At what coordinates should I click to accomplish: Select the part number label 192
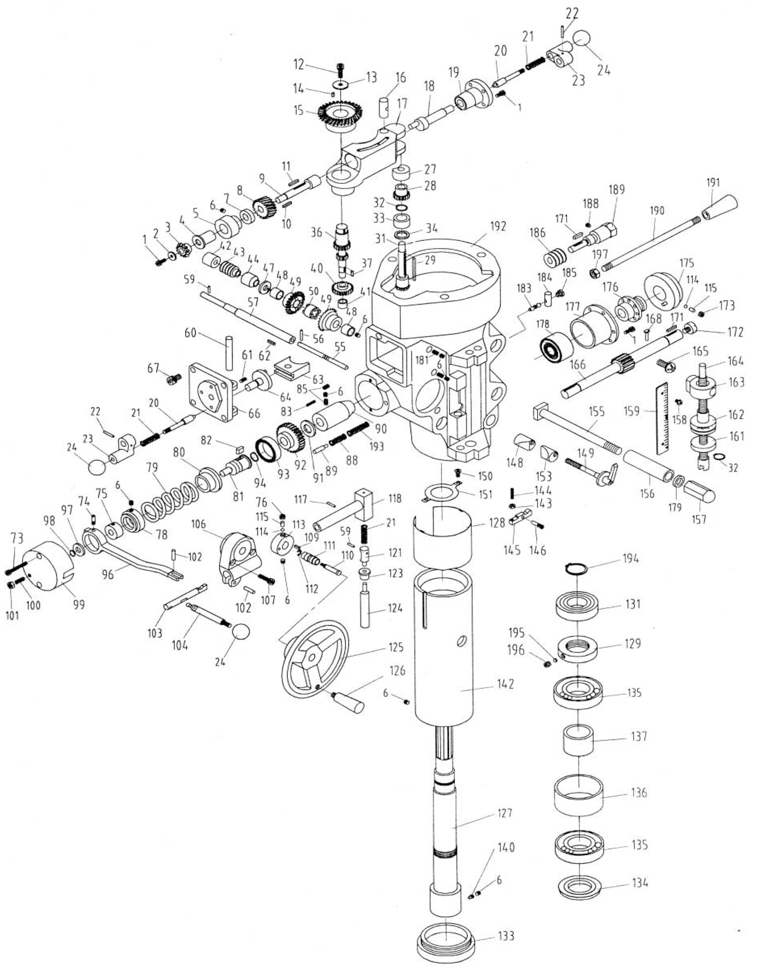tap(497, 227)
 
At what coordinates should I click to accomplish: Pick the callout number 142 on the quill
tap(505, 684)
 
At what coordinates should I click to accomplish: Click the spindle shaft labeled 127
tap(445, 828)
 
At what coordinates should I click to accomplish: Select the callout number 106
tap(199, 524)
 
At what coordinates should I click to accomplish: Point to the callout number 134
tap(640, 883)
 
